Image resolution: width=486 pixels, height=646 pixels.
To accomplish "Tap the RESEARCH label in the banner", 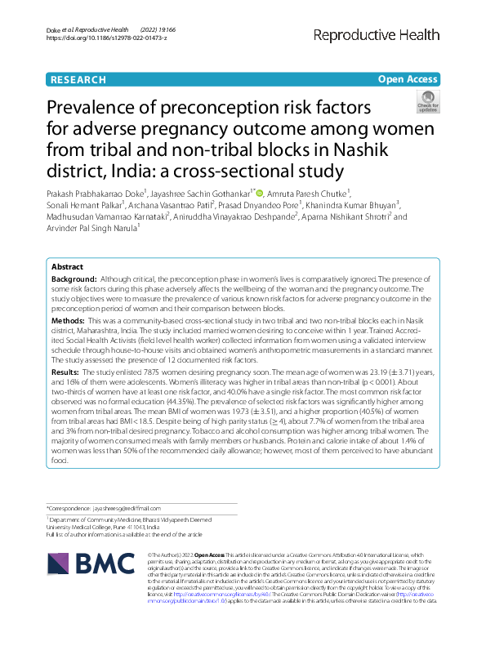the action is point(78,80).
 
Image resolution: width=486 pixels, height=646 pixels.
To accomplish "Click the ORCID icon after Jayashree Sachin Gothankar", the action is point(260,193).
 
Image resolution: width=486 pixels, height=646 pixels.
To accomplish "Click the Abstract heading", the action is point(67,267).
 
